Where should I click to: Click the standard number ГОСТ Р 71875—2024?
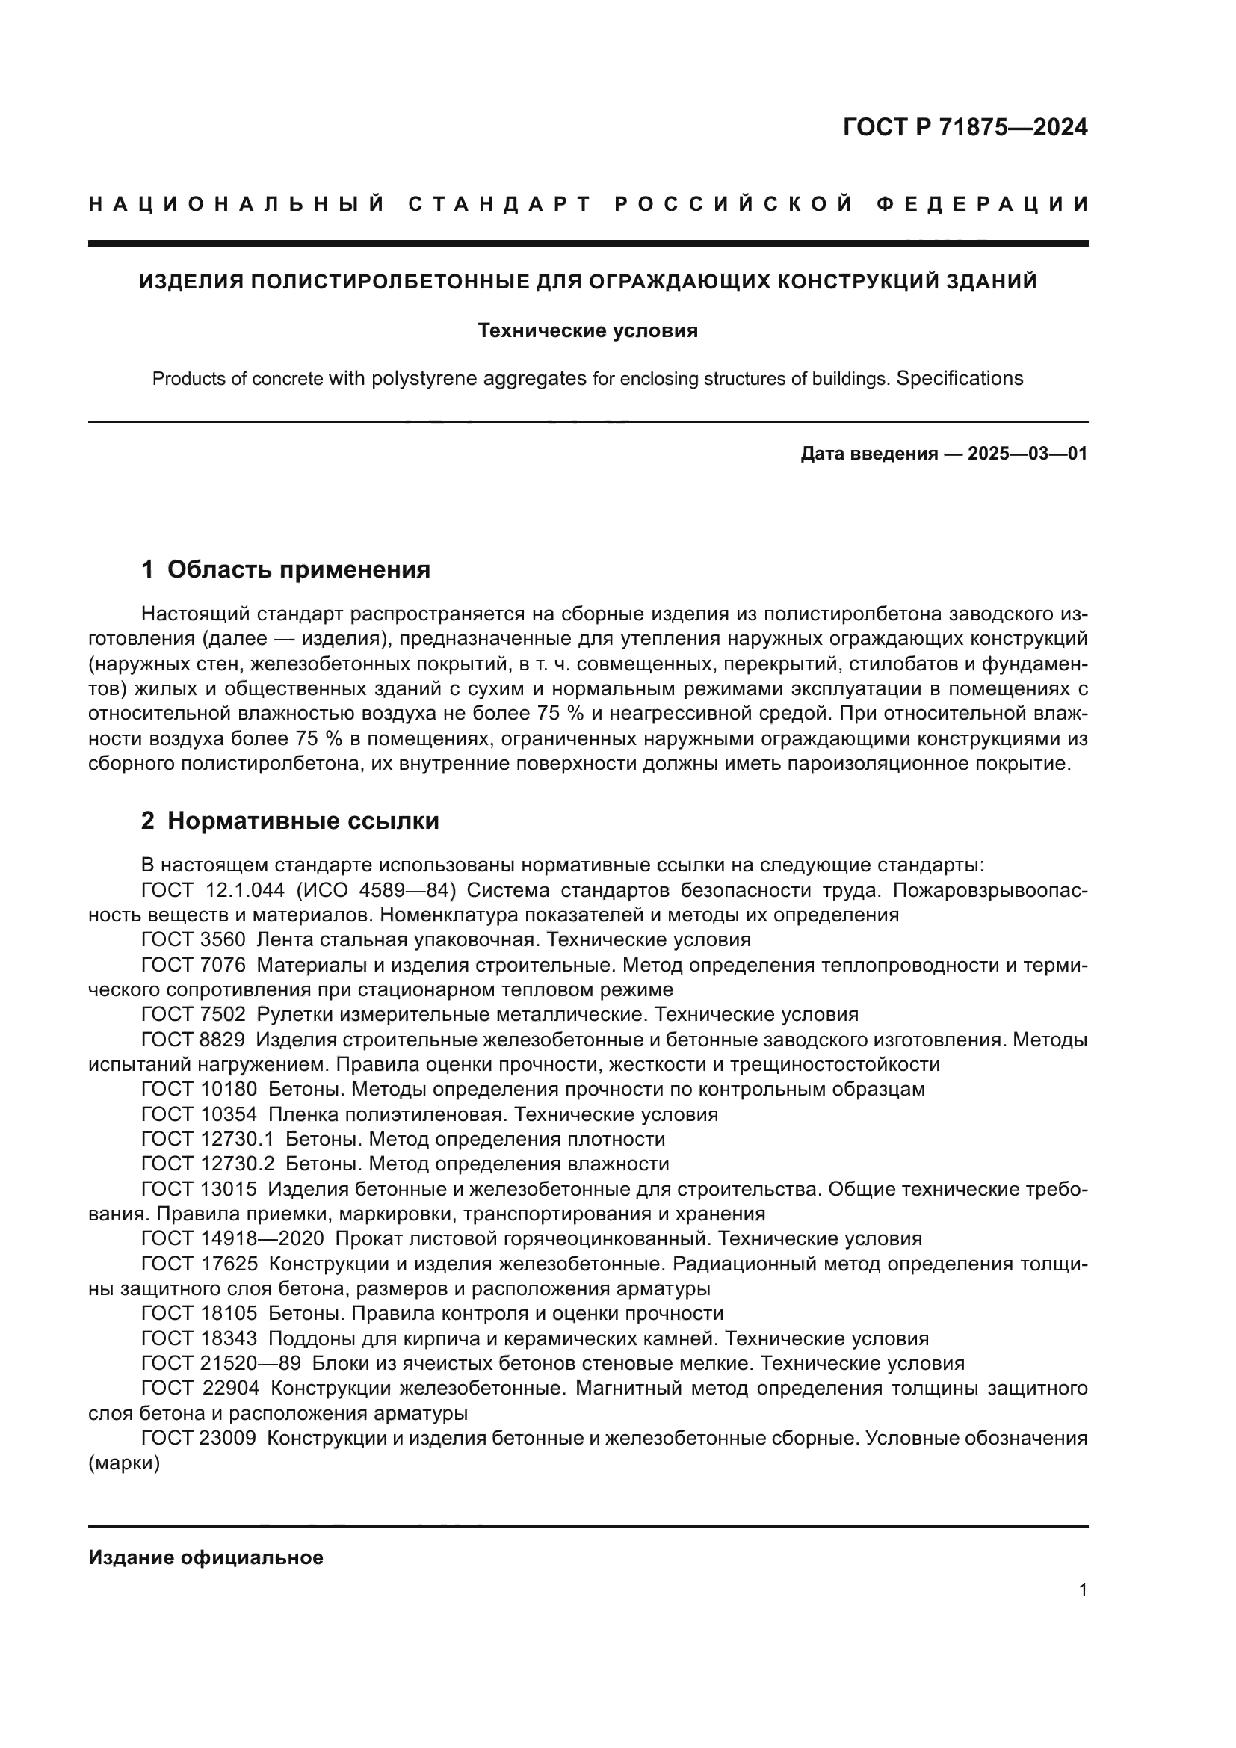pyautogui.click(x=964, y=127)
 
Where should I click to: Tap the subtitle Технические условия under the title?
pyautogui.click(x=587, y=330)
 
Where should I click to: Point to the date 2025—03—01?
pyautogui.click(x=1028, y=454)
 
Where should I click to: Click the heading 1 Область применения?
pyautogui.click(x=286, y=569)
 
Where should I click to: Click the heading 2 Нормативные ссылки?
pyautogui.click(x=290, y=821)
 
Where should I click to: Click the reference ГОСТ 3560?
pyautogui.click(x=194, y=939)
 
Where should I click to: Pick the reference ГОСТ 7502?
pyautogui.click(x=194, y=1014)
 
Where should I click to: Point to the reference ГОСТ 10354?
pyautogui.click(x=200, y=1114)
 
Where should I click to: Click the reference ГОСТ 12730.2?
pyautogui.click(x=208, y=1164)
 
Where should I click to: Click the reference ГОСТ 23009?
pyautogui.click(x=200, y=1438)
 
